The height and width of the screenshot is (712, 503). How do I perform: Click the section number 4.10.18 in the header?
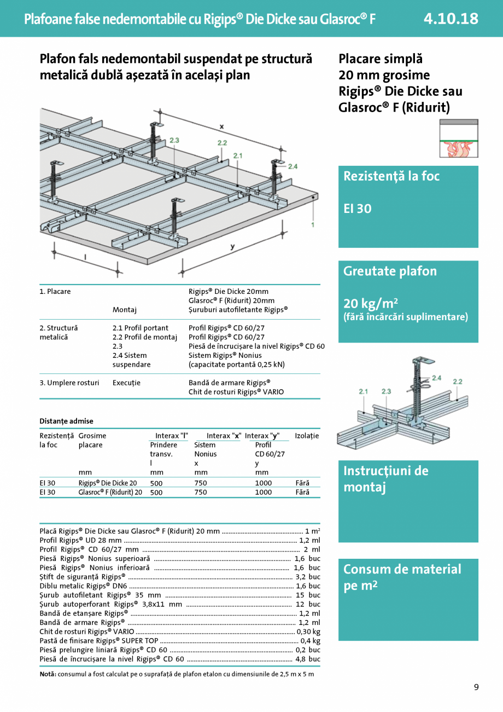pos(451,19)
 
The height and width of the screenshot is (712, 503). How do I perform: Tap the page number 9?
pos(476,687)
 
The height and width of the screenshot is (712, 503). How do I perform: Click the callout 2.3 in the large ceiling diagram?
pos(174,141)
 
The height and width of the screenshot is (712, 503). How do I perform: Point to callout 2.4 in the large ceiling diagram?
pos(293,166)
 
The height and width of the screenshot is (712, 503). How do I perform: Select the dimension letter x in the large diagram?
pos(221,126)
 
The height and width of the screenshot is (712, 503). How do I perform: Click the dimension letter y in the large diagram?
pos(232,247)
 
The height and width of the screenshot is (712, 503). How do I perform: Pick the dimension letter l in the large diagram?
pos(85,256)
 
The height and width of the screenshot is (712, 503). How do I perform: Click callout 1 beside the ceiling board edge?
pos(312,224)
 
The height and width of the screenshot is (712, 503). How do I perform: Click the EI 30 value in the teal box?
pos(357,209)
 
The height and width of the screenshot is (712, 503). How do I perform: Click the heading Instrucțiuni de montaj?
pos(385,479)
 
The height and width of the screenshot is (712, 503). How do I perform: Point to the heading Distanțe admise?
pos(66,421)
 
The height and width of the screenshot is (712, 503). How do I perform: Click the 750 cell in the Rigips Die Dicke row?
pos(201,483)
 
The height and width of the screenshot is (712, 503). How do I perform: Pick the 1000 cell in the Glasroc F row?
pos(263,492)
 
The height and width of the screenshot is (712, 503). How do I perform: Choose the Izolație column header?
pos(307,436)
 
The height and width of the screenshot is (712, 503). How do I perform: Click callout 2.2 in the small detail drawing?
pos(457,381)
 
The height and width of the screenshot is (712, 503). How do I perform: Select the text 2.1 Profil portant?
pos(141,328)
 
